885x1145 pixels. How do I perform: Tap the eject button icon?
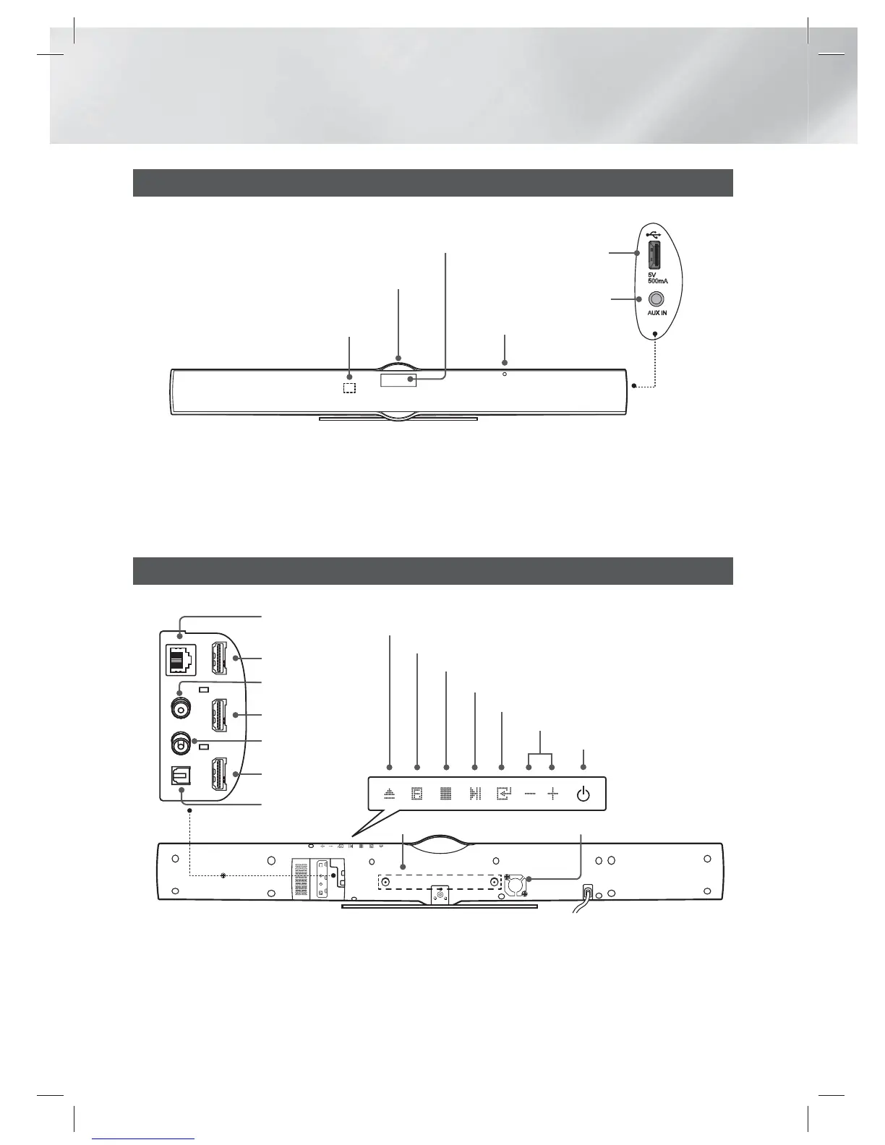click(x=390, y=794)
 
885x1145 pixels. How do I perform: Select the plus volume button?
click(x=553, y=794)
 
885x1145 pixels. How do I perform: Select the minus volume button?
click(x=530, y=794)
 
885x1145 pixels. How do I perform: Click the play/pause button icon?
click(x=474, y=794)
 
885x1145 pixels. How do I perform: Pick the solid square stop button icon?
click(x=446, y=794)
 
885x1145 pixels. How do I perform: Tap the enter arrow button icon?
click(x=503, y=794)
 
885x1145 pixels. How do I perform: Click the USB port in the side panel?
click(x=654, y=257)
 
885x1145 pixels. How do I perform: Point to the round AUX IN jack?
click(x=657, y=299)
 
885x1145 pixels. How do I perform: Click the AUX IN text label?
click(x=657, y=314)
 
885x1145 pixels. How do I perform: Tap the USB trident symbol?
click(x=654, y=234)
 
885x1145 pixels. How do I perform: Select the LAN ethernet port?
click(x=177, y=659)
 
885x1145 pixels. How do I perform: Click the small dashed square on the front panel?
click(x=349, y=388)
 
